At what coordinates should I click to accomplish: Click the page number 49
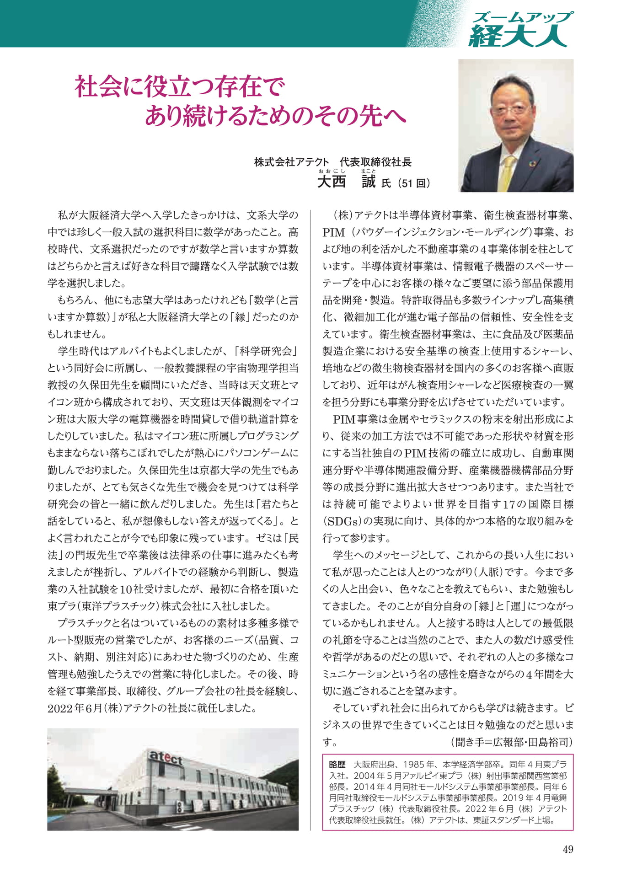(x=567, y=849)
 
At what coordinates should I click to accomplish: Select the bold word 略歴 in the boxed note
(x=337, y=765)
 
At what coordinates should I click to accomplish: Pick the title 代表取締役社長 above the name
(x=375, y=162)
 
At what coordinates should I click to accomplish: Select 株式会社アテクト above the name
(x=291, y=162)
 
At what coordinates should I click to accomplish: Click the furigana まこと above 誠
(x=368, y=171)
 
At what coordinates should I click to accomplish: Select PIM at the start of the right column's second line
(x=334, y=232)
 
